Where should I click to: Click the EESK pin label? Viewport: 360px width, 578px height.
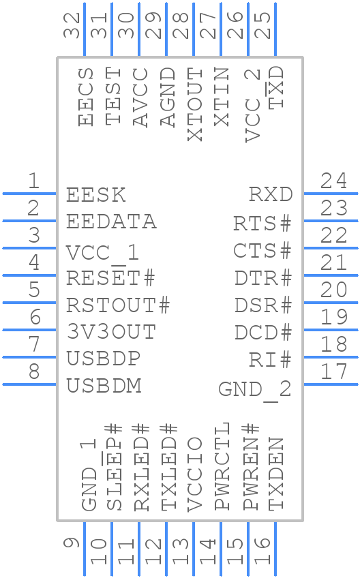(96, 194)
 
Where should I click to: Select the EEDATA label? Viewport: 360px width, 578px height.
(111, 222)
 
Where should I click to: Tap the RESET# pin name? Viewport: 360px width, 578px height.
(110, 277)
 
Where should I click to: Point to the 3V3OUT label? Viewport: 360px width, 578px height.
(111, 332)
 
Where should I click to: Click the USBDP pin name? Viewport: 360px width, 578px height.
(104, 359)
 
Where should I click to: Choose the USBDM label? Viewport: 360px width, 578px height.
(104, 386)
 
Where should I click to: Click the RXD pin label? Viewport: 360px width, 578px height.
(270, 194)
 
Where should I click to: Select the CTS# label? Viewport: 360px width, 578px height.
(262, 250)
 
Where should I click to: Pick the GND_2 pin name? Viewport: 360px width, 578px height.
(255, 389)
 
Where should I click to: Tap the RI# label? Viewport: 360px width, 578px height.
(270, 359)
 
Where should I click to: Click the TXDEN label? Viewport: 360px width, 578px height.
(275, 474)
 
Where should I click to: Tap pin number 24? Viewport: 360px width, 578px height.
(333, 181)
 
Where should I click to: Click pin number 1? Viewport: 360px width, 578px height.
(32, 181)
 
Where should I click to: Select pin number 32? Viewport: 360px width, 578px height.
(72, 25)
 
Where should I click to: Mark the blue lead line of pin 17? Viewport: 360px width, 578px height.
(331, 384)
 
